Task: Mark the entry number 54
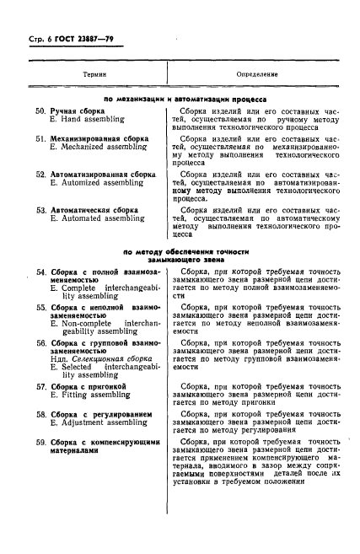[x=40, y=272]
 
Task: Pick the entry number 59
[x=40, y=442]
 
